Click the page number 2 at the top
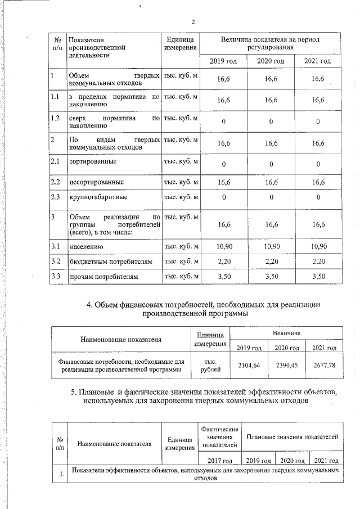pyautogui.click(x=193, y=22)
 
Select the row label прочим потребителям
pyautogui.click(x=101, y=277)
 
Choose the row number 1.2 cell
pyautogui.click(x=55, y=119)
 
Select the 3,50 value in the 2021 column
pyautogui.click(x=318, y=277)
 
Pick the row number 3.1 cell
pyautogui.click(x=55, y=246)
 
